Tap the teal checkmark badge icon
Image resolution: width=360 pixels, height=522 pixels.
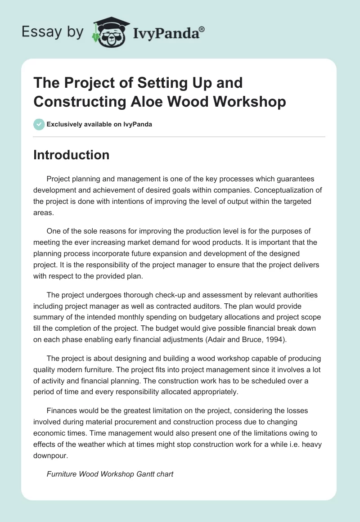tap(39, 124)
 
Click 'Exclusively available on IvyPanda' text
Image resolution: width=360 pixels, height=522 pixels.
tap(99, 124)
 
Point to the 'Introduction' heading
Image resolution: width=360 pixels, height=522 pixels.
tap(71, 155)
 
